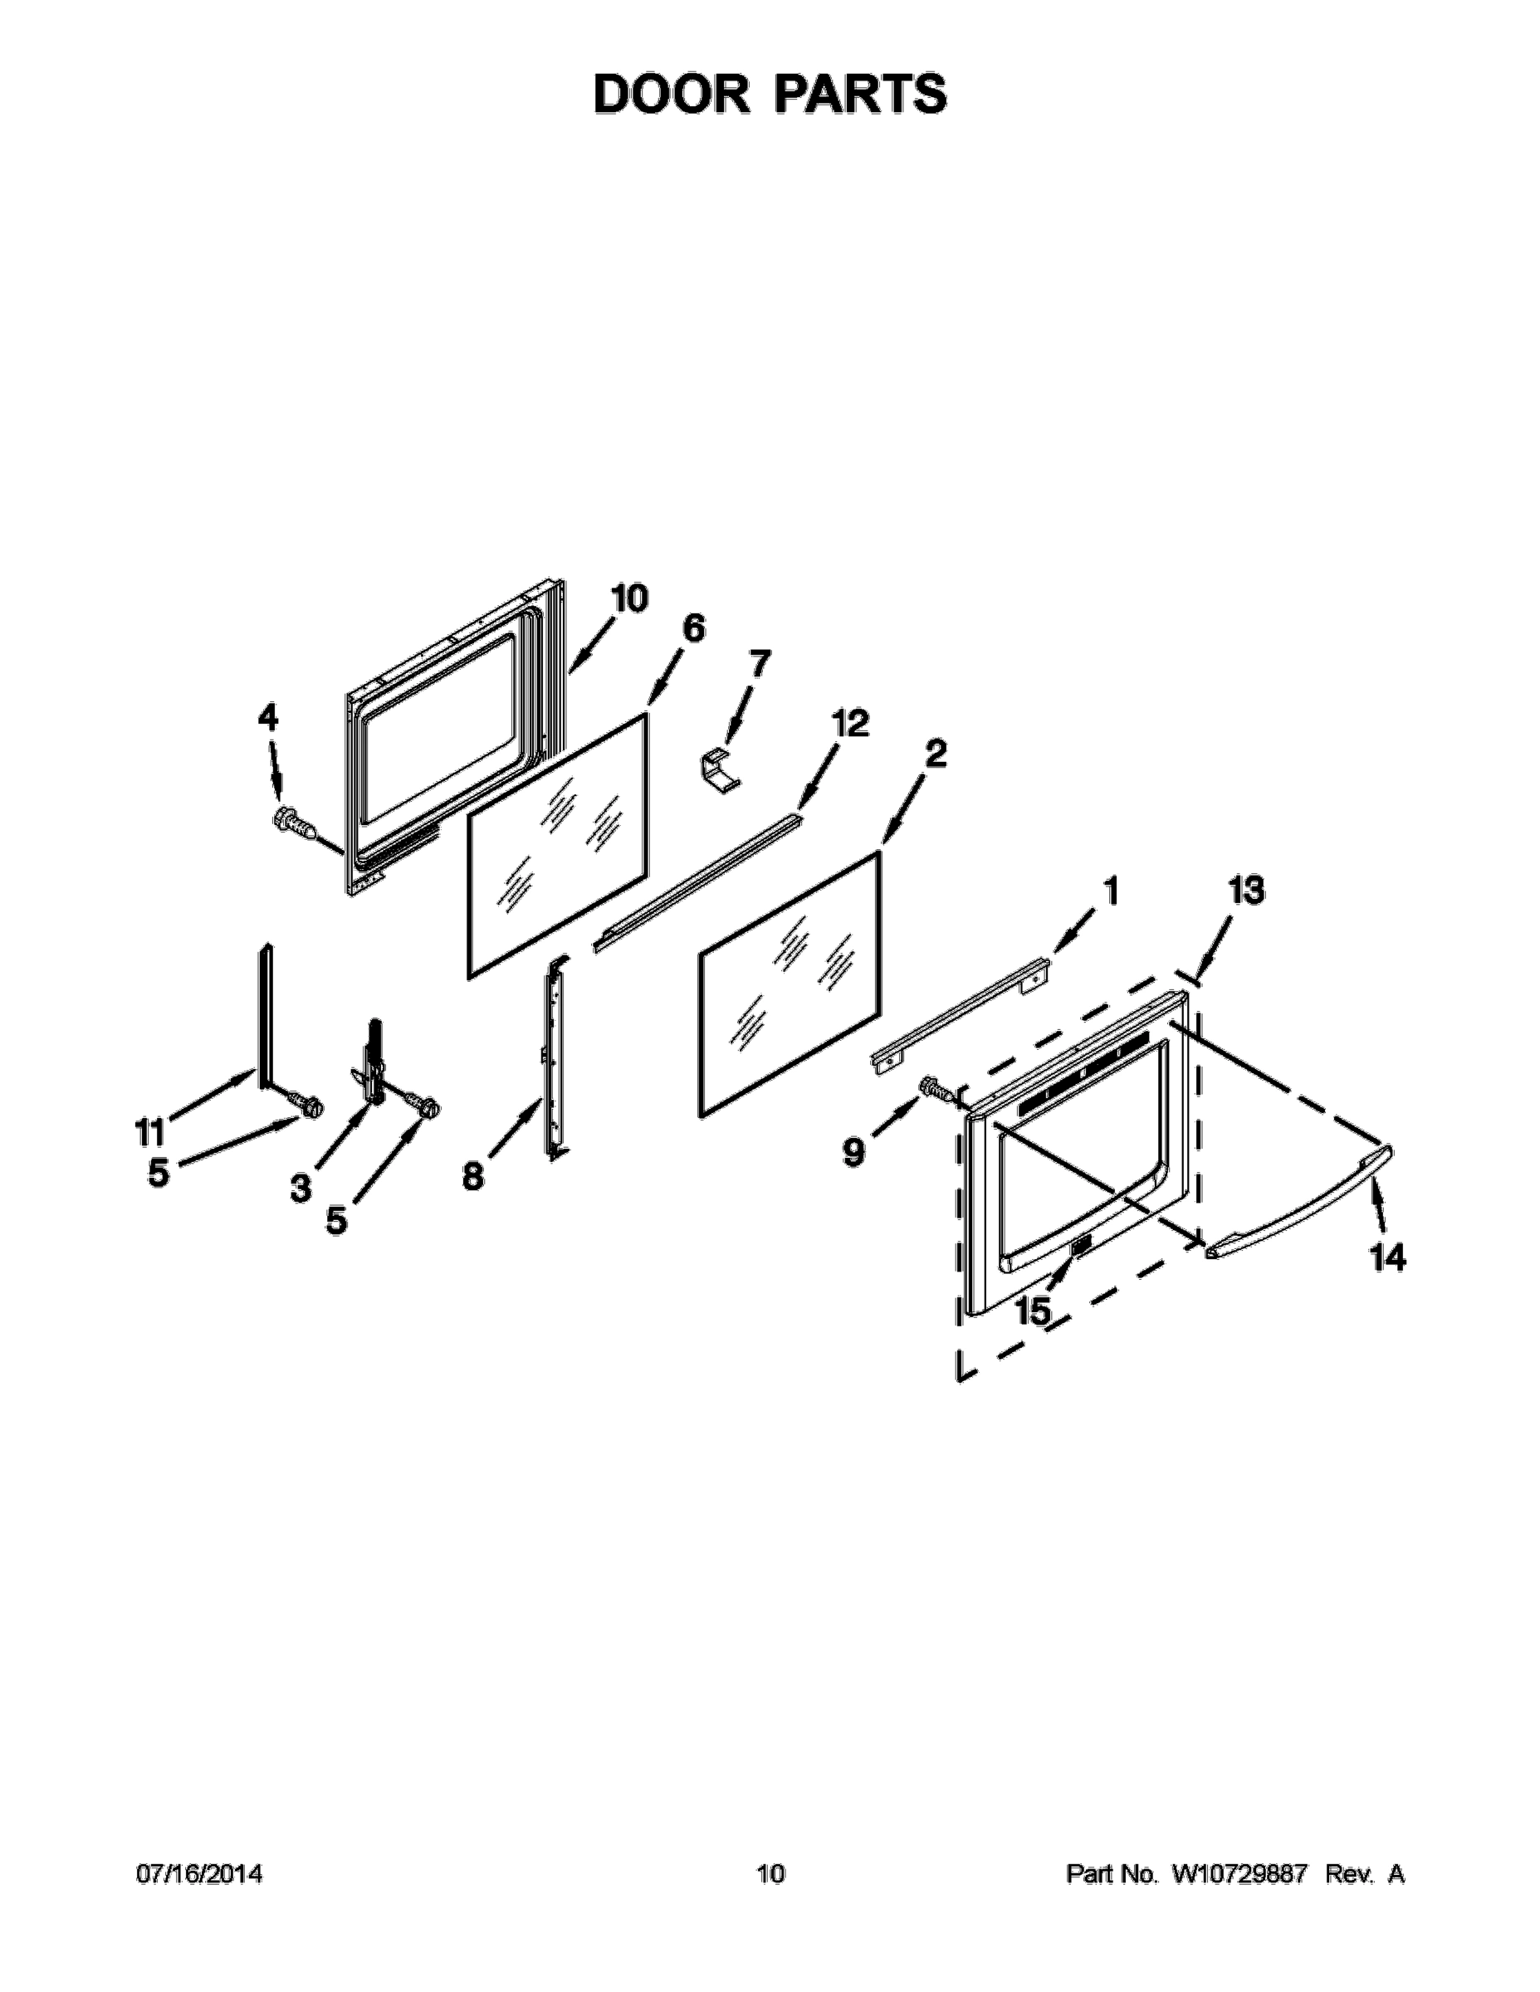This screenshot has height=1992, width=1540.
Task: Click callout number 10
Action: (x=628, y=599)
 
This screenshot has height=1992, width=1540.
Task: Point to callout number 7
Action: (x=758, y=664)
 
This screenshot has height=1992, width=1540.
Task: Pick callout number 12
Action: (x=849, y=725)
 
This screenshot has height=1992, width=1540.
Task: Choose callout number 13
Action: (x=1245, y=891)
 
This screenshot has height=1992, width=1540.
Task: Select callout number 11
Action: (x=149, y=1132)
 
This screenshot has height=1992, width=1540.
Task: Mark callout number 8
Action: (x=472, y=1178)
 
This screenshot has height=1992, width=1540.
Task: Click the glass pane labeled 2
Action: (x=790, y=985)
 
